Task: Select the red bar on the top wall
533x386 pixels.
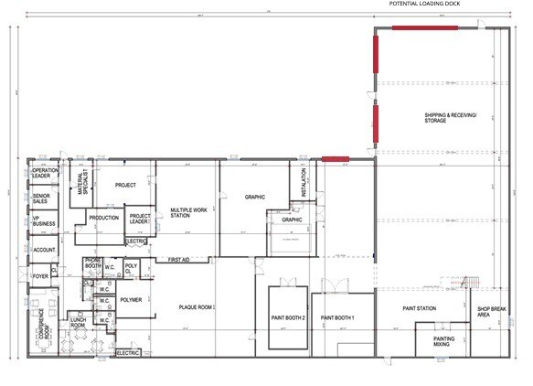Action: (x=425, y=27)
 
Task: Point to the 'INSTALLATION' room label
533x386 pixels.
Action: (x=304, y=182)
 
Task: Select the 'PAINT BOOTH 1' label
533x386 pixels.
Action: (x=337, y=317)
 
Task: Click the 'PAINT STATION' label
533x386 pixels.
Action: (x=420, y=308)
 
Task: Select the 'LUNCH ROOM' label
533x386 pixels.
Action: (x=79, y=322)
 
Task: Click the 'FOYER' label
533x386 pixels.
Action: (x=41, y=273)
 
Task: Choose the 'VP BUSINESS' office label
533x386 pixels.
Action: (x=41, y=222)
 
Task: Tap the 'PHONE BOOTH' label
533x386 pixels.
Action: (x=92, y=263)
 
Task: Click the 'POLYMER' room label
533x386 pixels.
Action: (x=131, y=299)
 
